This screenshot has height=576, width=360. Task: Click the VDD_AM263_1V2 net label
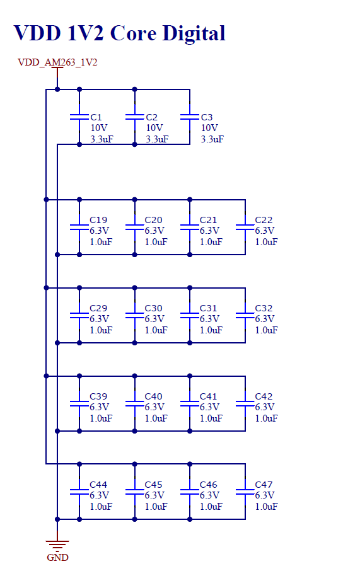pyautogui.click(x=57, y=62)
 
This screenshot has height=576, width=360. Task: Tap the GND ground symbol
pyautogui.click(x=57, y=544)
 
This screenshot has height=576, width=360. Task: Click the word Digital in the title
pyautogui.click(x=194, y=33)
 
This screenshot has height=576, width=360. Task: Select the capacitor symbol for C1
pyautogui.click(x=79, y=117)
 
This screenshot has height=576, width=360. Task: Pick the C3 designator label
pyautogui.click(x=207, y=117)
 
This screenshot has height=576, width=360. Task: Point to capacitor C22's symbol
pyautogui.click(x=245, y=227)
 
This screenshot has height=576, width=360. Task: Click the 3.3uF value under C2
pyautogui.click(x=157, y=139)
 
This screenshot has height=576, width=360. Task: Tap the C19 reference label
pyautogui.click(x=98, y=220)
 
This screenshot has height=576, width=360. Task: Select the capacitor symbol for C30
pyautogui.click(x=135, y=315)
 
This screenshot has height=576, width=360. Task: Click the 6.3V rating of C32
pyautogui.click(x=265, y=319)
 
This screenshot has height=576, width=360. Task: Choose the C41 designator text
pyautogui.click(x=208, y=396)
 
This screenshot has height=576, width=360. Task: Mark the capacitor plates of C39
pyautogui.click(x=79, y=403)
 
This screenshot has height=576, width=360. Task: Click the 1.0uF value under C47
pyautogui.click(x=266, y=507)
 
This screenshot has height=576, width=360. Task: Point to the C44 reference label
pyautogui.click(x=98, y=485)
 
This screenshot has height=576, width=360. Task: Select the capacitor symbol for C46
pyautogui.click(x=190, y=492)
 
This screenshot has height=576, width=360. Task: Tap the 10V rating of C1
pyautogui.click(x=99, y=128)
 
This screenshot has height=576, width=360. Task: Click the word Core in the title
pyautogui.click(x=134, y=33)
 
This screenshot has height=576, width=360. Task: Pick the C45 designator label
pyautogui.click(x=154, y=485)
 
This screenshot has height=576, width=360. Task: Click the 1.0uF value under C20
pyautogui.click(x=156, y=242)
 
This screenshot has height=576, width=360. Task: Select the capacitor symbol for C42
pyautogui.click(x=245, y=403)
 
